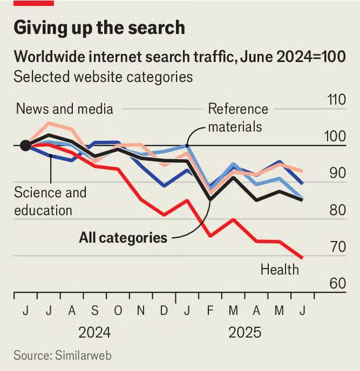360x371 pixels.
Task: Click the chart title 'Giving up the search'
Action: tap(99, 28)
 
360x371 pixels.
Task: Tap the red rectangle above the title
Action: tap(34, 3)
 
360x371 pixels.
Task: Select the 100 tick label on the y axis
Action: tap(336, 137)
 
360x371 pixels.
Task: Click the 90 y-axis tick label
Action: tap(336, 173)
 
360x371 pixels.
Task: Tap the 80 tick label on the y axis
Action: tap(336, 210)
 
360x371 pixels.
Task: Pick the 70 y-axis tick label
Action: tap(336, 247)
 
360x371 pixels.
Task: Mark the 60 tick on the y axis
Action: tap(336, 283)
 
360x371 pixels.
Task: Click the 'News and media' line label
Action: tap(64, 109)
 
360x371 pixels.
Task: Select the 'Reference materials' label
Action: tap(237, 118)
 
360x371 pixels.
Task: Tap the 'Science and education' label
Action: tap(50, 201)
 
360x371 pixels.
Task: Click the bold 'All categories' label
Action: tap(123, 238)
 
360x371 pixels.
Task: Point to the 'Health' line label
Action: tap(279, 270)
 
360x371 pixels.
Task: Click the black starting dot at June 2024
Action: tap(25, 146)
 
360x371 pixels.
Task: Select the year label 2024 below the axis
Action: tap(94, 333)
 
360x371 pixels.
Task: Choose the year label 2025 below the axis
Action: tap(245, 333)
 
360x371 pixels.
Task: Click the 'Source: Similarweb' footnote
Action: tap(62, 356)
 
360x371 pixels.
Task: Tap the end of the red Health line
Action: tap(303, 257)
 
